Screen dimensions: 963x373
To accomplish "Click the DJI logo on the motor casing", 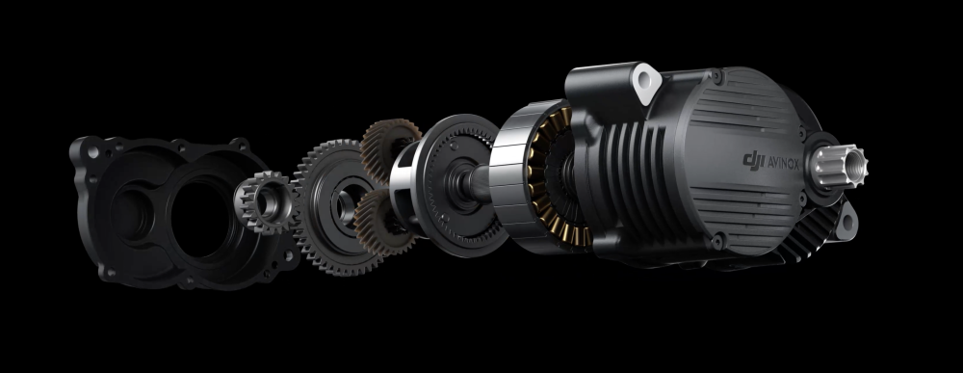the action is coord(754,160).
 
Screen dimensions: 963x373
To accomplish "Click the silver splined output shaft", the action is coord(840,165).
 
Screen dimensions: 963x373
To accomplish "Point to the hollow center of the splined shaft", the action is coord(854,164).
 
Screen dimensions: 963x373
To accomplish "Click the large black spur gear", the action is coord(335,207).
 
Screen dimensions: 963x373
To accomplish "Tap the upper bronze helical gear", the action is coord(388,149).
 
